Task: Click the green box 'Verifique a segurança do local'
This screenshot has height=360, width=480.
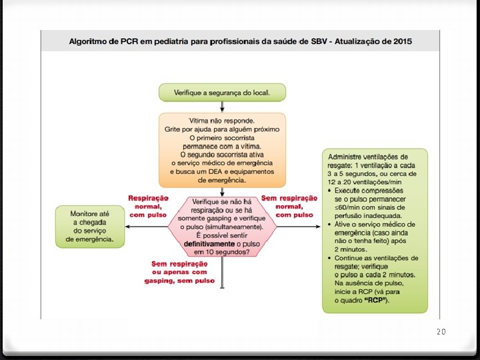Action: coord(221,92)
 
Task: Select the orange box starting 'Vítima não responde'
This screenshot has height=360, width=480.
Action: coord(222,150)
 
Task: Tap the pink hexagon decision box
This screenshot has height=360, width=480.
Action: coord(222,227)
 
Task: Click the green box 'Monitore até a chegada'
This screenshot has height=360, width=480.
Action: coord(90,227)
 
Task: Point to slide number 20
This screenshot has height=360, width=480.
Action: coord(440,331)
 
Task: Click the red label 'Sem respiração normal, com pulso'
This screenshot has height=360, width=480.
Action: coord(289,206)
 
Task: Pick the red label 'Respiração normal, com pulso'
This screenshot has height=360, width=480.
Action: coord(148,206)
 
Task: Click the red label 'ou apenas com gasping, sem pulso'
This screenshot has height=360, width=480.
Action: coord(179,276)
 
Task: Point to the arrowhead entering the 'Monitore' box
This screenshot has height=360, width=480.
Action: coord(127,227)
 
